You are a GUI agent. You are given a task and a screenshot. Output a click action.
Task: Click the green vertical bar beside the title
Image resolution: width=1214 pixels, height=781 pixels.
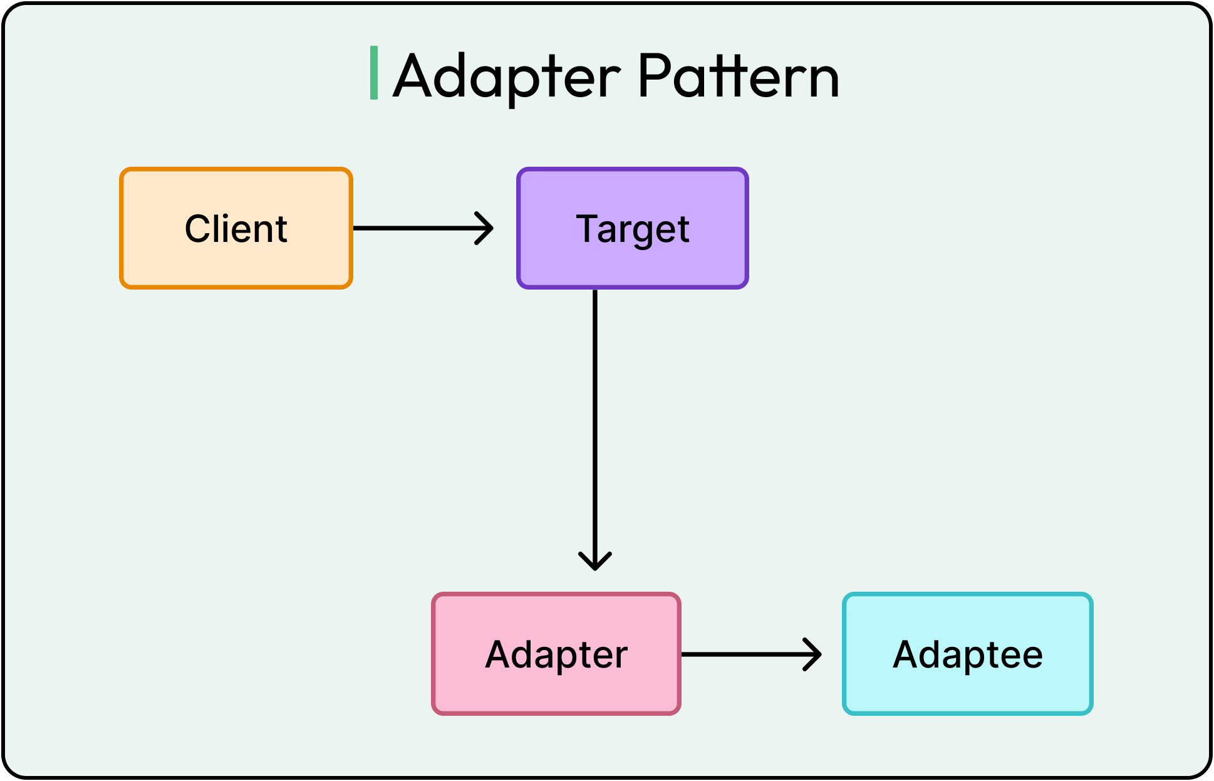[x=374, y=73]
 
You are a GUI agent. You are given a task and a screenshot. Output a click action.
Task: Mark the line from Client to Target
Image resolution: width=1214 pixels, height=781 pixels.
[x=413, y=228]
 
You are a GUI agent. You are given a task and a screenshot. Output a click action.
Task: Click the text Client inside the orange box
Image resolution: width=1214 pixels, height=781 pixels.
[x=236, y=229]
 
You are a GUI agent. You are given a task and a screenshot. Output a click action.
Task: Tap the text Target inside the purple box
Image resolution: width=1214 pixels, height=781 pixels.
[x=633, y=229]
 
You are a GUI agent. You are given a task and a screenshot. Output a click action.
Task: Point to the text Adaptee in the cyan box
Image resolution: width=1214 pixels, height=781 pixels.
[x=968, y=655]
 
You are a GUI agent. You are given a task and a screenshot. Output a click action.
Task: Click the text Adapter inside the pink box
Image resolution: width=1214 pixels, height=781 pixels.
[x=556, y=656]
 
